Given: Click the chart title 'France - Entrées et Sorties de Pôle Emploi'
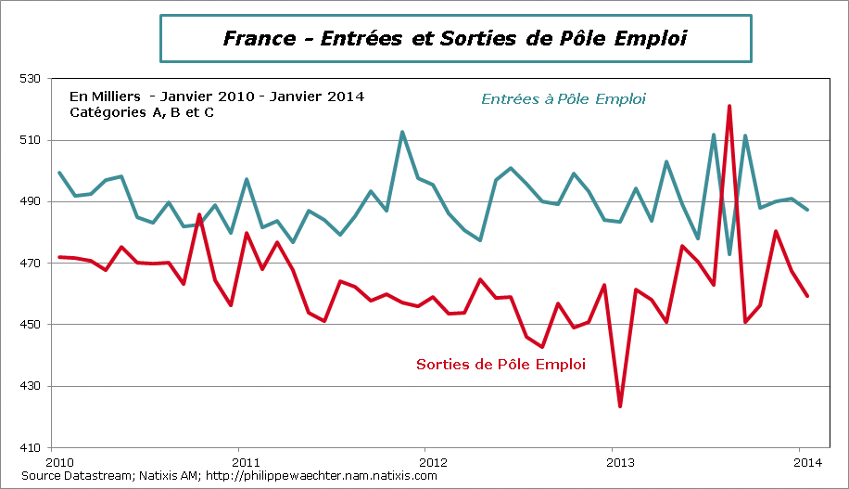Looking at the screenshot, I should point(455,38).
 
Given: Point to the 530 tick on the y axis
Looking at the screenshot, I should point(32,79).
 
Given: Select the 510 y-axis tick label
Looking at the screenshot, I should point(32,140).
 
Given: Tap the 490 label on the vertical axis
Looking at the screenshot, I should point(32,201).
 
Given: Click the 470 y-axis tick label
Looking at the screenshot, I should point(32,264).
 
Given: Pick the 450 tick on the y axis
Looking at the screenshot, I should point(32,325).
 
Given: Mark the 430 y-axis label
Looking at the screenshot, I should point(32,386).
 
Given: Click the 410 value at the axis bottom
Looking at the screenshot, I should point(32,447).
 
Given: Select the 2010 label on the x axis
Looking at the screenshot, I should point(59,461).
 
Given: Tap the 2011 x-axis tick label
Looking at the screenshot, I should point(245,461).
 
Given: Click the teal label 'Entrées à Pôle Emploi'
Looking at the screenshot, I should point(563,99).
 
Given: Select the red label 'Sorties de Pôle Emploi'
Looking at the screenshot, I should point(501,365).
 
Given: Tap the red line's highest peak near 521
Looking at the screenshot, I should point(729,107).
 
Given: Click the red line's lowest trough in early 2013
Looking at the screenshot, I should point(620,405).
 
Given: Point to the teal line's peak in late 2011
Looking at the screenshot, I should point(401,132).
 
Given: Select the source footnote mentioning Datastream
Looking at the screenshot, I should point(228,476).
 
